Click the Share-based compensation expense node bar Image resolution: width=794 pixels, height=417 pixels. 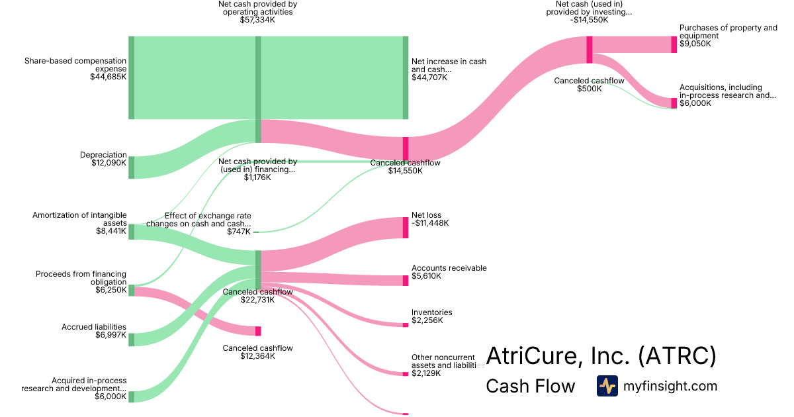131,77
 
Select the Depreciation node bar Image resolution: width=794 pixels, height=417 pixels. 131,167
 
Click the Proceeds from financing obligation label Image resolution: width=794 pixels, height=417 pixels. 81,277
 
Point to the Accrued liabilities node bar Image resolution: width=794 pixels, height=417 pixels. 131,340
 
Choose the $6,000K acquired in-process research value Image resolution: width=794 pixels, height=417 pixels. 110,396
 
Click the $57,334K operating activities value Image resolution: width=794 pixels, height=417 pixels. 257,21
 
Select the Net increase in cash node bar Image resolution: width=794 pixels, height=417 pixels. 406,77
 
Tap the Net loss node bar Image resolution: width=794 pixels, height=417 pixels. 406,227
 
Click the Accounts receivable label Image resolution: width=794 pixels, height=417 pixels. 449,268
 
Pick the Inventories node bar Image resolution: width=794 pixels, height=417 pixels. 406,324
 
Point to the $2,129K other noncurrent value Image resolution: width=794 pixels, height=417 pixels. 425,373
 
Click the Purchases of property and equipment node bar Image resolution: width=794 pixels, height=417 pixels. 674,44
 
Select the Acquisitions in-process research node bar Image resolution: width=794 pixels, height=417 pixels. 674,103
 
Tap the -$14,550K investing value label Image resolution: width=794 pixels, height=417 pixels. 588,20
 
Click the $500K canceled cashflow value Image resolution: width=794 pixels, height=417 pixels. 589,89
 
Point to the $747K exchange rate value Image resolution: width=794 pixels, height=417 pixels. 239,232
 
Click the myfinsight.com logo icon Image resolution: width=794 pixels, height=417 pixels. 607,386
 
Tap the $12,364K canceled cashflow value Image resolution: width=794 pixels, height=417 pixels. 257,356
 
